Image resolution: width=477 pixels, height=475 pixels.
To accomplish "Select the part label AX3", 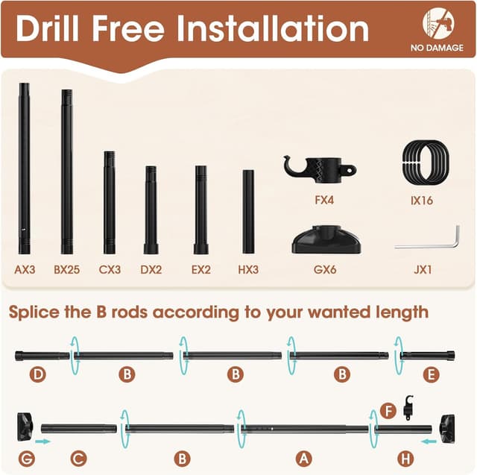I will (x=25, y=269).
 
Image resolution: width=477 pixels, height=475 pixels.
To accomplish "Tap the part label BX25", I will (x=66, y=269).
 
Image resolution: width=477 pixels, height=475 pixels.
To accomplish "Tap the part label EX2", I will (x=200, y=269).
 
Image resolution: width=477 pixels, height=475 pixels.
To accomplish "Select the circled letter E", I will (x=431, y=374).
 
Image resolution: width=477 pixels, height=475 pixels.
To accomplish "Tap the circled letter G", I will (x=27, y=458).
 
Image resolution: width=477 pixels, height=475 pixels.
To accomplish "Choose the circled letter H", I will (x=405, y=458).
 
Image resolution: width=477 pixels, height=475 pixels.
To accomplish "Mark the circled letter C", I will (x=78, y=458).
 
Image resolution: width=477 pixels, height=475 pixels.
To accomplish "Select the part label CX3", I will (x=110, y=269).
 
